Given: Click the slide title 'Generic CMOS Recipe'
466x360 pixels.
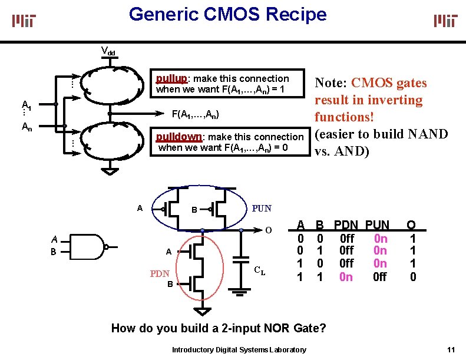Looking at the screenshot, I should point(227,14).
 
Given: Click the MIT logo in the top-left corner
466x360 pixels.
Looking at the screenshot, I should point(24,21).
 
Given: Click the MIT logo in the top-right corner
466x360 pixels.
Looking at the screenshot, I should point(446,21).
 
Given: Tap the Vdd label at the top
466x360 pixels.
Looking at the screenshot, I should point(108,51).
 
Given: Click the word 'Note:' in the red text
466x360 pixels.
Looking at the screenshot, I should point(333,83).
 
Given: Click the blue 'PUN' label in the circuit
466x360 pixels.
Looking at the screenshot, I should point(262,208).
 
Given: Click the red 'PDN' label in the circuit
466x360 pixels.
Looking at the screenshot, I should point(159,273).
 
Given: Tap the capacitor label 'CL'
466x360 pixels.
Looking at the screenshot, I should point(259,271).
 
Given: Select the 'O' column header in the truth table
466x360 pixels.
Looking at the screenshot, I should point(412,225).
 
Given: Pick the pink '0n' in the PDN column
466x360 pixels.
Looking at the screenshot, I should point(346,276).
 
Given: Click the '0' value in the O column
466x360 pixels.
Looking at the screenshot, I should point(412,276).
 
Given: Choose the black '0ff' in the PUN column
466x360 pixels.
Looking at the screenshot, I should point(380,276).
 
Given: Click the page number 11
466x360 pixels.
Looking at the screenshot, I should point(451,349).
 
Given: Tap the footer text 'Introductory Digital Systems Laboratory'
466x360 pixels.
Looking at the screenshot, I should point(239,350).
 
